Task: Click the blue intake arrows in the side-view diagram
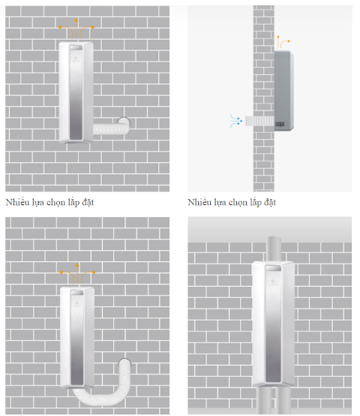tap(236, 121)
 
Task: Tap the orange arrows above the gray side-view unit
tap(283, 41)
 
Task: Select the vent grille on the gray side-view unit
tap(280, 124)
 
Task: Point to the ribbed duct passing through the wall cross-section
tap(259, 121)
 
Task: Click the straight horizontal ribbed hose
tap(111, 129)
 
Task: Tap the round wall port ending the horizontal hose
tap(124, 121)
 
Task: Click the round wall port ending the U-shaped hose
tap(124, 363)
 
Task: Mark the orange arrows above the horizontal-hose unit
tap(76, 28)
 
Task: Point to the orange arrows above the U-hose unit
tap(77, 273)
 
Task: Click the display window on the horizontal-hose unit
tap(76, 48)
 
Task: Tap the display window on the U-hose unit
tap(76, 293)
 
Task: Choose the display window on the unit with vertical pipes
tap(273, 268)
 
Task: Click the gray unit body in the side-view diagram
tap(283, 91)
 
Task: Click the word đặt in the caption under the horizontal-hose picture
tap(88, 203)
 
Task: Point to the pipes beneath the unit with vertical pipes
tap(274, 401)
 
